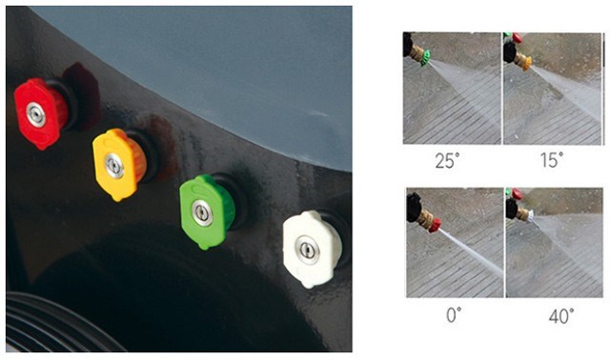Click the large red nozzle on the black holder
tap(40, 113)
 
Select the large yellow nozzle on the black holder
tap(118, 164)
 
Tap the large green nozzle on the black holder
tap(207, 211)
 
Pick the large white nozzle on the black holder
tap(313, 249)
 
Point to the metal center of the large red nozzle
tap(36, 114)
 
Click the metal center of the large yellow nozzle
tap(114, 165)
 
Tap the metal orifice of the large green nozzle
tap(202, 212)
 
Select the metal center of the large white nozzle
tap(307, 250)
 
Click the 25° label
tap(447, 160)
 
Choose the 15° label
tap(552, 160)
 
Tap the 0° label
tap(454, 315)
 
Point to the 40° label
tap(561, 316)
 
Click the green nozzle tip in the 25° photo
tap(425, 57)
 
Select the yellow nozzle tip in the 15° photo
tap(526, 62)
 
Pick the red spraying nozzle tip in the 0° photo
tap(435, 226)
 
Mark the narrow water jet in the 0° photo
tap(471, 252)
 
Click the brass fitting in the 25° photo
tap(417, 54)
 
